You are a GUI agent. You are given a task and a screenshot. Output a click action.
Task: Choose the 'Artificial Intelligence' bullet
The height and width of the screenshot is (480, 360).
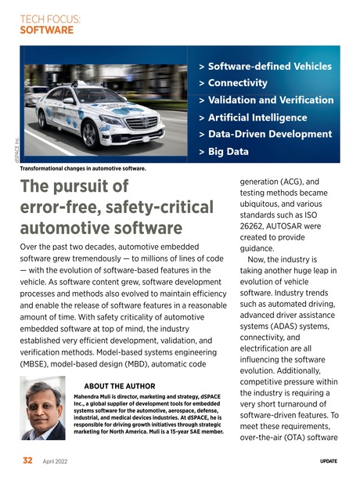255,117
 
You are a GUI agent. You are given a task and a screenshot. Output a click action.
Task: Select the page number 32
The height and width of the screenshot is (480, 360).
27,460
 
